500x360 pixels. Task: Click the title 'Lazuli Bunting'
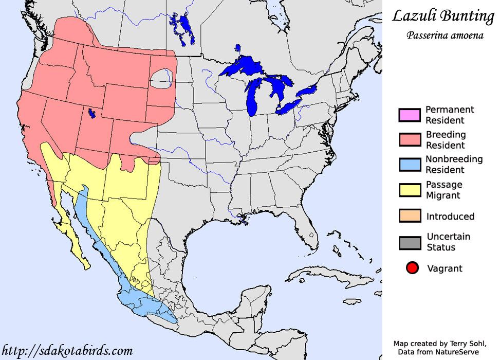pos(443,16)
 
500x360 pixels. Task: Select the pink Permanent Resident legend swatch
pos(410,115)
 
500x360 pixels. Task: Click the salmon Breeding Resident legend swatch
pos(410,140)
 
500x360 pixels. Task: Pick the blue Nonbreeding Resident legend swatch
pos(410,165)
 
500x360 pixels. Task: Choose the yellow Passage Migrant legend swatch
pos(410,190)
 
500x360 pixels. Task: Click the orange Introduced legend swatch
pos(410,216)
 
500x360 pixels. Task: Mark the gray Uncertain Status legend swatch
pos(410,242)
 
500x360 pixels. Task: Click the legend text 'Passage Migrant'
pos(444,190)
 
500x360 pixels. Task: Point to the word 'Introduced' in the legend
pos(450,217)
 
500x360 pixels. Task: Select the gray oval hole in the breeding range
pos(161,79)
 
